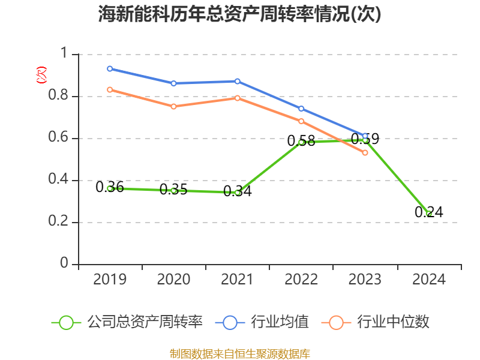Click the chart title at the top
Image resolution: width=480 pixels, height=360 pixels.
[x=240, y=14]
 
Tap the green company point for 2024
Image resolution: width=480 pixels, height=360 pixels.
[x=428, y=214]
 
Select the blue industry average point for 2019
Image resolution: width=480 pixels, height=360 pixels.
[x=110, y=68]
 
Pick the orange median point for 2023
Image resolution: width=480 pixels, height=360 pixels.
[x=365, y=152]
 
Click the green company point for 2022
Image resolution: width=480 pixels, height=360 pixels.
[x=301, y=142]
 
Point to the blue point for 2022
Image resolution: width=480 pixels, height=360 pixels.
[x=301, y=109]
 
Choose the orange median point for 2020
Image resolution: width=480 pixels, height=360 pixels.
[x=173, y=106]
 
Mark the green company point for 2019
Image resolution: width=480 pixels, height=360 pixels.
[x=110, y=188]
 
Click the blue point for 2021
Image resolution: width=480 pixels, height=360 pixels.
[x=238, y=81]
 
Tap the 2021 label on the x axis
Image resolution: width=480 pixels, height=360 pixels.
[x=238, y=280]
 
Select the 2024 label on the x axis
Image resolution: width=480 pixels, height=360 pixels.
[x=428, y=280]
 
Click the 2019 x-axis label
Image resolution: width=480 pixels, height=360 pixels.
[x=110, y=280]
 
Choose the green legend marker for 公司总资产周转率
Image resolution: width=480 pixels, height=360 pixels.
[x=67, y=322]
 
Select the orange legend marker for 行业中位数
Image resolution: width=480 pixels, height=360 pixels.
[x=337, y=322]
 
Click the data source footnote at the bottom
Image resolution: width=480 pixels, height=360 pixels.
[x=240, y=353]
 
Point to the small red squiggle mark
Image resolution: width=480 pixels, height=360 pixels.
[x=41, y=75]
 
